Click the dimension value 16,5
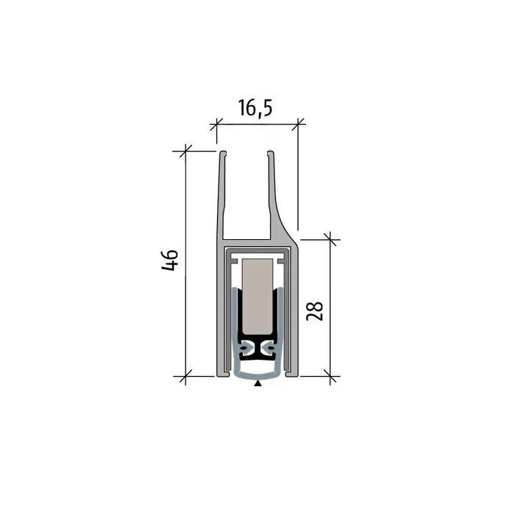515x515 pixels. pos(255,108)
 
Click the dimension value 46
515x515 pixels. pos(170,260)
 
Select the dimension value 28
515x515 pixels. pos(315,310)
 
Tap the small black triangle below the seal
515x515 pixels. pos(257,383)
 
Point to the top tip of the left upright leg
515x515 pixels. pos(221,153)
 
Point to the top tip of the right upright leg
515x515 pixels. pos(271,153)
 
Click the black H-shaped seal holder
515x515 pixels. pos(257,348)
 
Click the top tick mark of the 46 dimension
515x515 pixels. pos(185,151)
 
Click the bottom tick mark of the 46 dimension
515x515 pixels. pos(185,377)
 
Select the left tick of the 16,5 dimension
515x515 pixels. pos(216,124)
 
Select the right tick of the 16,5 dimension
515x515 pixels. pos(298,124)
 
